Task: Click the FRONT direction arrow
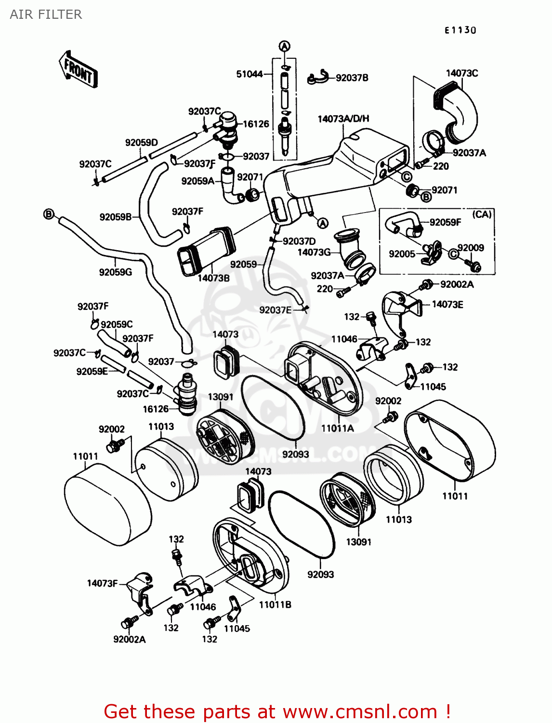78,69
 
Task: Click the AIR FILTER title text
46,14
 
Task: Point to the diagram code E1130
460,30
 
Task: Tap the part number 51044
249,74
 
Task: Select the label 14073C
462,73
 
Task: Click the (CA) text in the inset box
482,214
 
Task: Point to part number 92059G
115,272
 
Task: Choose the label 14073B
213,278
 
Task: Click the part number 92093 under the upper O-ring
296,454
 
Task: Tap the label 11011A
337,428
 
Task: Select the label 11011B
275,605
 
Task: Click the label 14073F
102,583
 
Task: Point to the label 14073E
447,304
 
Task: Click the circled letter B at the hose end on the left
48,214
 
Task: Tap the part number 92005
402,254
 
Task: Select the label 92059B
116,217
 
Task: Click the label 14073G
314,252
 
